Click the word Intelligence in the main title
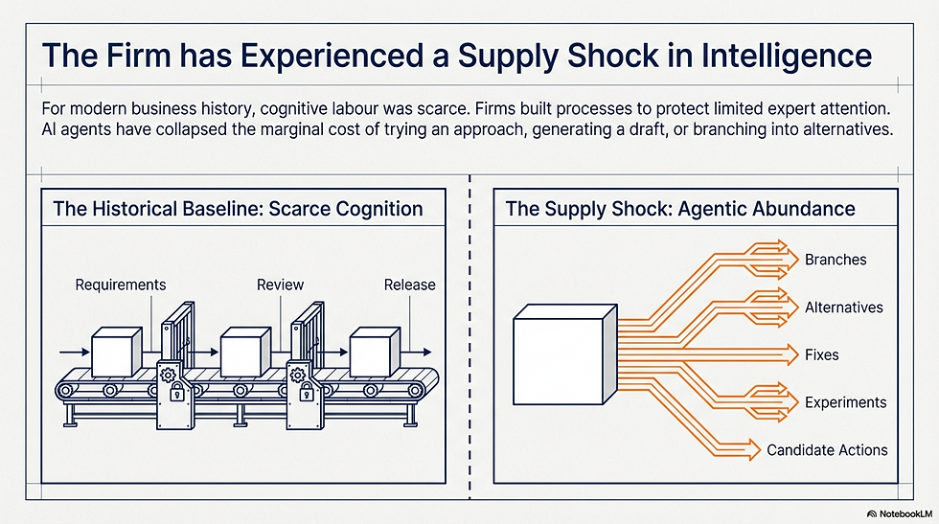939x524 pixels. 787,56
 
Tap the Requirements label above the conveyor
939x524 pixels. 121,285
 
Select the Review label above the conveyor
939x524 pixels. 280,285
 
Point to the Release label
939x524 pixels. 410,285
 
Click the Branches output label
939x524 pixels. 836,260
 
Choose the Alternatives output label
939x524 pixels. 844,308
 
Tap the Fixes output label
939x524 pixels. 822,354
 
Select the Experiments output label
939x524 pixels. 845,402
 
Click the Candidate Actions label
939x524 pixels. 827,449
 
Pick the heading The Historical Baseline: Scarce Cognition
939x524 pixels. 238,209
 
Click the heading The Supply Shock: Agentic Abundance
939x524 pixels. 680,209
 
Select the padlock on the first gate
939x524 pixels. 176,393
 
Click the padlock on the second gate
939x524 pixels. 306,393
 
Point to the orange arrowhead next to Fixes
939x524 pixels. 791,354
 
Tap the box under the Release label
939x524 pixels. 375,353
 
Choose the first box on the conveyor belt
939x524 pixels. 116,353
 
